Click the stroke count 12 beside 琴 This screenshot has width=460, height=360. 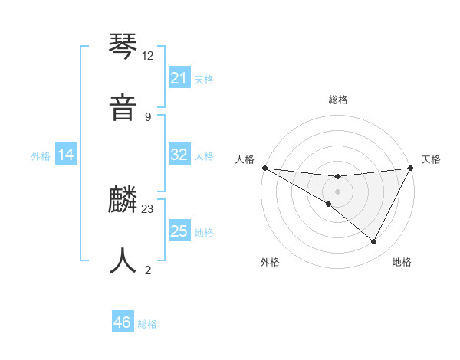[x=148, y=56]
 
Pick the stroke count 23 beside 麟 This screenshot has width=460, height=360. [x=148, y=208]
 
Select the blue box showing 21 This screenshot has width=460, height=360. [x=179, y=78]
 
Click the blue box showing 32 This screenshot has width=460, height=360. [x=179, y=155]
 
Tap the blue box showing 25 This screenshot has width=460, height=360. [x=179, y=231]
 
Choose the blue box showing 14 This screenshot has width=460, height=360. [x=66, y=155]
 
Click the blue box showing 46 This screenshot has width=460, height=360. [x=123, y=322]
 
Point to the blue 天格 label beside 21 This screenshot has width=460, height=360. [x=204, y=79]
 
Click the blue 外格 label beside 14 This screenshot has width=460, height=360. [x=41, y=156]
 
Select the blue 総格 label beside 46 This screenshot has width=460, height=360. [x=147, y=324]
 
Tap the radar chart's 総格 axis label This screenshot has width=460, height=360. [x=337, y=100]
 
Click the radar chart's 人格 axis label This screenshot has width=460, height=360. [x=245, y=159]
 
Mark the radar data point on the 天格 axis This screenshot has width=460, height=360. [x=410, y=168]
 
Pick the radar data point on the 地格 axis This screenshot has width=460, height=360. [x=374, y=242]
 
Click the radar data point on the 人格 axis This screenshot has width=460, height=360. [x=264, y=168]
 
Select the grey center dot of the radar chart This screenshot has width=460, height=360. [x=337, y=191]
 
